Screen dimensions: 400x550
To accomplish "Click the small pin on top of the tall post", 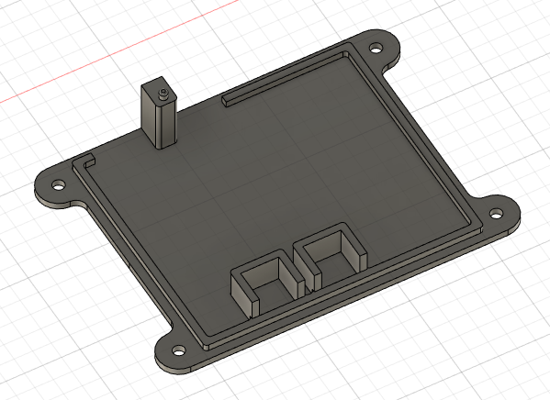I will pos(161,93).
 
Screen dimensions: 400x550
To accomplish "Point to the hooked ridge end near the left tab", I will pos(88,161).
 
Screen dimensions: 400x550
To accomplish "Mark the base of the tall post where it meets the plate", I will pos(161,143).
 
